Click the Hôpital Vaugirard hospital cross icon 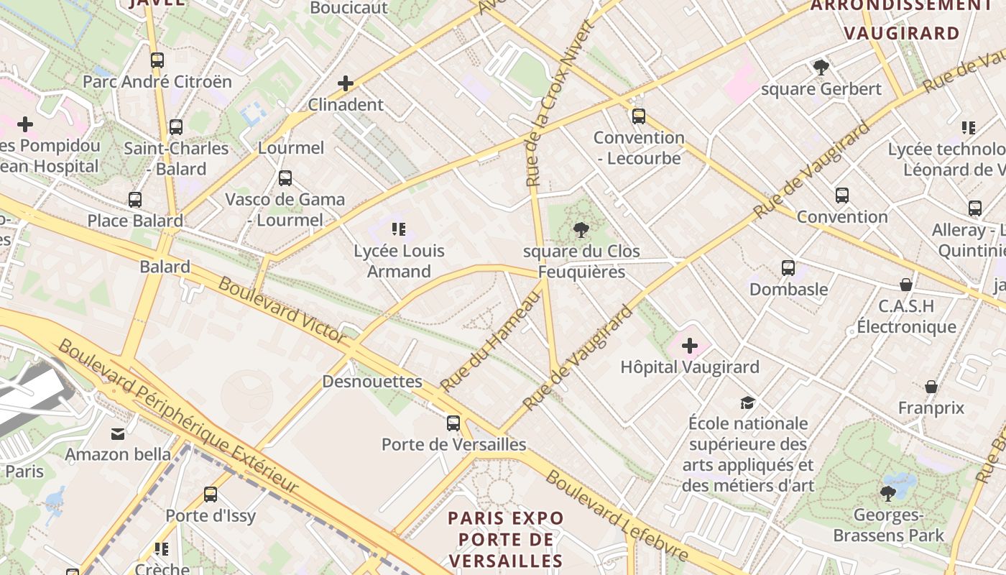coord(690,346)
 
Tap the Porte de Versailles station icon coord(453,423)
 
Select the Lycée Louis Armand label coord(399,261)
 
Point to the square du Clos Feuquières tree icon coord(581,231)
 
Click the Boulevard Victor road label coord(282,309)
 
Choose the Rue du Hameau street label coord(490,344)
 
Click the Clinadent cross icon coord(346,83)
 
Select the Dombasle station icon coord(788,268)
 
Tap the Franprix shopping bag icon coord(931,387)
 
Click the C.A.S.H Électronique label coord(906,316)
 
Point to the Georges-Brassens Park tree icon coord(888,494)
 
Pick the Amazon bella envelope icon coord(118,433)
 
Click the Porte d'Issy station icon coord(211,494)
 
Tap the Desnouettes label coord(372,381)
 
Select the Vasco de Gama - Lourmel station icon coord(285,178)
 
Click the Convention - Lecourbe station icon coord(639,116)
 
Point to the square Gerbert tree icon coord(821,68)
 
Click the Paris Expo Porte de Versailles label coord(506,539)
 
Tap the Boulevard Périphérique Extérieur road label coord(177,417)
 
